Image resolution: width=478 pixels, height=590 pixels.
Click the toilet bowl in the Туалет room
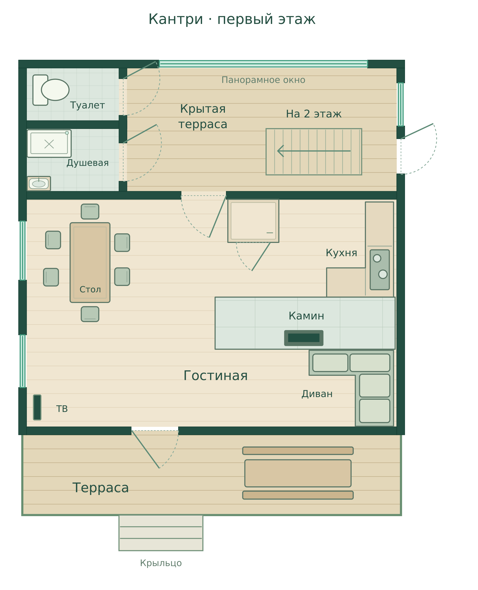(x=55, y=90)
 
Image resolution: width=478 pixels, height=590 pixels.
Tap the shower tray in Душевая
(x=49, y=144)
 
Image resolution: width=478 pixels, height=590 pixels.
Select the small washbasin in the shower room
(x=39, y=184)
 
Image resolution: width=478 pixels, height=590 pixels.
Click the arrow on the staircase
(x=314, y=151)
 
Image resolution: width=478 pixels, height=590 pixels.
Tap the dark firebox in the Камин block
(x=304, y=338)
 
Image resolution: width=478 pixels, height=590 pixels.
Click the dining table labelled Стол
(x=90, y=263)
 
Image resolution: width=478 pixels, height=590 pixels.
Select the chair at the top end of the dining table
(x=90, y=212)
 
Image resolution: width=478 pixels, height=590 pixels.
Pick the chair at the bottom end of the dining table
(x=90, y=314)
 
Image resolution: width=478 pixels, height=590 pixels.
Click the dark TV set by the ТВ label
(x=37, y=407)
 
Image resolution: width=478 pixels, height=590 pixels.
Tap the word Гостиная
(x=216, y=376)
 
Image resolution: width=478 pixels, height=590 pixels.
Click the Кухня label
(x=341, y=253)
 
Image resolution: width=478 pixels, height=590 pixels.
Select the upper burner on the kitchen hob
(x=377, y=258)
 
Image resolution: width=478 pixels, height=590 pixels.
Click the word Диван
(x=317, y=394)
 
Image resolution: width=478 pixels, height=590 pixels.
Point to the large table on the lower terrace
(x=298, y=473)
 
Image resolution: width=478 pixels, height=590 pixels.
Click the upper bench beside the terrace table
(x=298, y=451)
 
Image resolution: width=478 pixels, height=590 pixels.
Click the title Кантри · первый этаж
(x=232, y=19)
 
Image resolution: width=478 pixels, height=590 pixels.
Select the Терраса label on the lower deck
(x=101, y=488)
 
